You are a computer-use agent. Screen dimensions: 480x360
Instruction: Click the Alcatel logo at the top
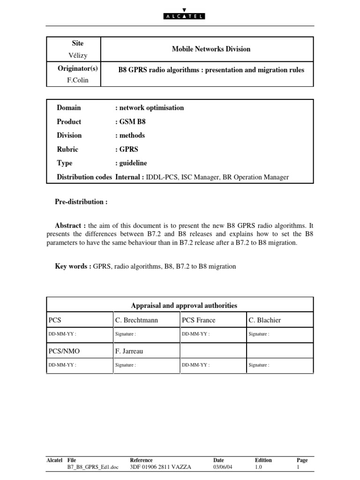click(180, 14)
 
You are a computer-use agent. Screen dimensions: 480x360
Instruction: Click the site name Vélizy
click(78, 55)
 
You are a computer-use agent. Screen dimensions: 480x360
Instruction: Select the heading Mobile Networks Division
click(210, 49)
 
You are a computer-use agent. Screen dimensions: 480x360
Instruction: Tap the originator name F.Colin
click(78, 80)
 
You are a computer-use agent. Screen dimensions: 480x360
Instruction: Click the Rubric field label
click(67, 149)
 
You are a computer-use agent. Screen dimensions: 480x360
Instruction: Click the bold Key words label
click(73, 266)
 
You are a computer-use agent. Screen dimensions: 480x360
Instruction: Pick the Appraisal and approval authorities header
click(184, 306)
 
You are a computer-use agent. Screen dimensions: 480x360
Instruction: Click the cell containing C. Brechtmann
click(136, 320)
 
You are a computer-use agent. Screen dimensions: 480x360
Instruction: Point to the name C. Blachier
click(265, 320)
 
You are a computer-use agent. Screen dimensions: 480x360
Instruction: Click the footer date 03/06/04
click(223, 467)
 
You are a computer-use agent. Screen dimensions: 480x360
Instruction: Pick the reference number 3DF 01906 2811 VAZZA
click(160, 467)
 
